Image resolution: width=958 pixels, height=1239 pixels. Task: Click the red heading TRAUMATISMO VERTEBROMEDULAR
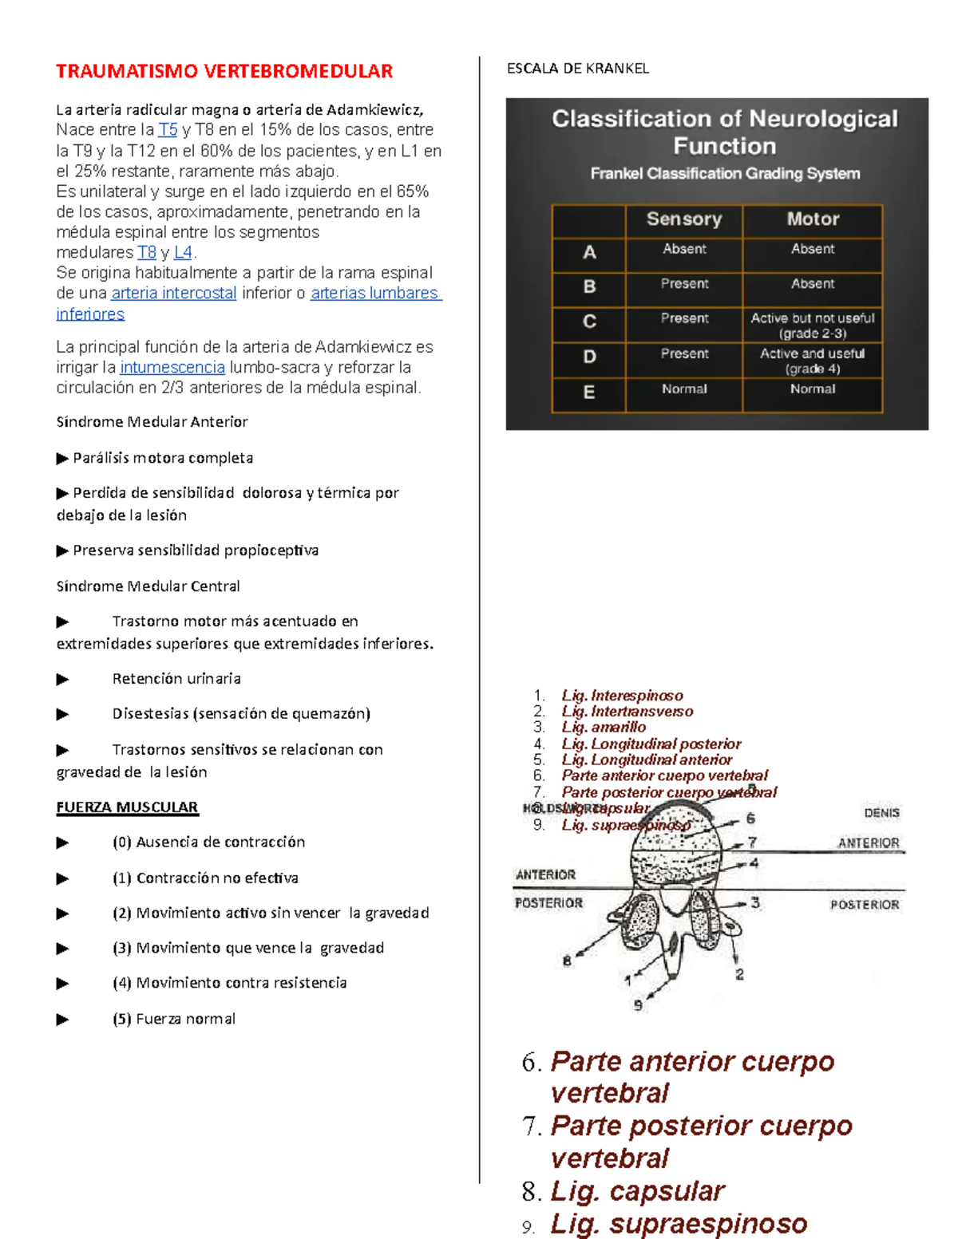tap(224, 71)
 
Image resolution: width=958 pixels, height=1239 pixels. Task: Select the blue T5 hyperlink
tap(168, 130)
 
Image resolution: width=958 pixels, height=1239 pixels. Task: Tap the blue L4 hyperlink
tap(183, 253)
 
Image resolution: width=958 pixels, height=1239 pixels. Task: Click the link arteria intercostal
tap(174, 294)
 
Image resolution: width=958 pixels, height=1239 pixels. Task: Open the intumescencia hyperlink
tap(172, 368)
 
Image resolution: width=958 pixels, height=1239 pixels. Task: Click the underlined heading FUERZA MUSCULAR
tap(127, 807)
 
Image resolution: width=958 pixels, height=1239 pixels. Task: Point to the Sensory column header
tap(683, 219)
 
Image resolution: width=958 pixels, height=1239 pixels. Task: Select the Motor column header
tap(812, 219)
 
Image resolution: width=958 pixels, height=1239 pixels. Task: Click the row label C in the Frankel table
tap(589, 322)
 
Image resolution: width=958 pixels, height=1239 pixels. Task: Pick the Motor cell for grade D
tap(812, 361)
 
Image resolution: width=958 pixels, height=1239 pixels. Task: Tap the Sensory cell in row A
tap(683, 250)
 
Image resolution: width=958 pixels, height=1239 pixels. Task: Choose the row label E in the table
tap(589, 393)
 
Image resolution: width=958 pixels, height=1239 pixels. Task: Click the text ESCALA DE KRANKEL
tap(578, 69)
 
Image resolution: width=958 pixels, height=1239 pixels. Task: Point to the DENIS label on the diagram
tap(881, 813)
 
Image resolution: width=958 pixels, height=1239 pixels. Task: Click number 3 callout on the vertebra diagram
tap(754, 903)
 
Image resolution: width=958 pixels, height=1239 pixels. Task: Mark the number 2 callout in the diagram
tap(739, 974)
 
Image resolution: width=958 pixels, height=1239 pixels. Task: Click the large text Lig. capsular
tap(637, 1191)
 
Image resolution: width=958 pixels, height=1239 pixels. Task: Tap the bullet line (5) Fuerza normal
tap(185, 1019)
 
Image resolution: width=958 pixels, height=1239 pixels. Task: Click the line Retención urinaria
tap(176, 679)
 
